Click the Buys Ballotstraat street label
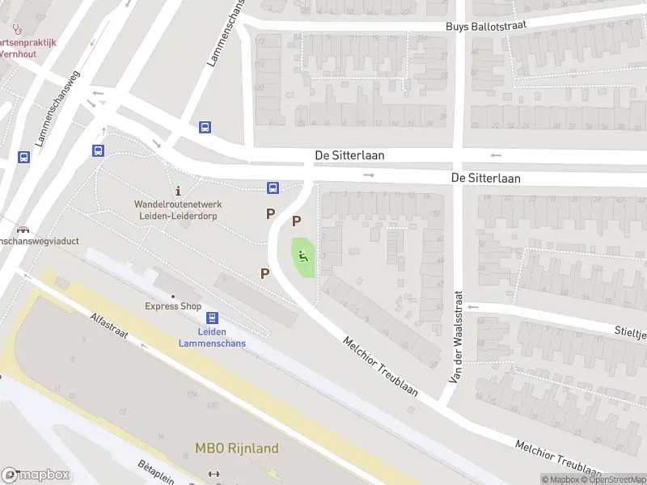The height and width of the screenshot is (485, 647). point(486,26)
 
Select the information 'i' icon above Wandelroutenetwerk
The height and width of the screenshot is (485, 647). point(176,190)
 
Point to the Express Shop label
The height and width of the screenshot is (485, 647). point(173,306)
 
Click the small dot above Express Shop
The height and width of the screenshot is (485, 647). point(173,295)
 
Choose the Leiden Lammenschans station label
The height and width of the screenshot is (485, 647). point(212,337)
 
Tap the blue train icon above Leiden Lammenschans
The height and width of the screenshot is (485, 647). point(212,318)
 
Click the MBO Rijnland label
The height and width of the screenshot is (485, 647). point(237,449)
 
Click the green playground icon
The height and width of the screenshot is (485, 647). point(304,258)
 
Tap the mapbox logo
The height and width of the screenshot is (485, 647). point(35,475)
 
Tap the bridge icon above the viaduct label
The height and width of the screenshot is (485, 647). point(23,229)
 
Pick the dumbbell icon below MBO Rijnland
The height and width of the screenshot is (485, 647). point(214,474)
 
